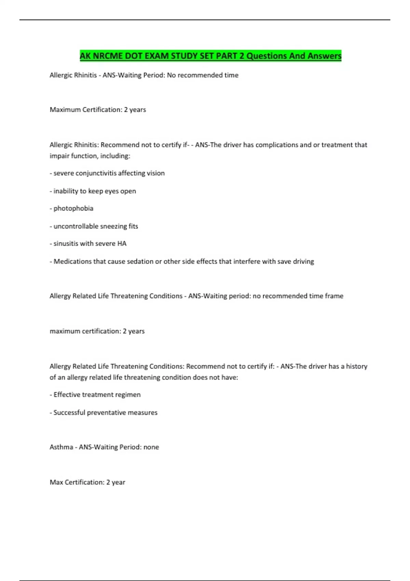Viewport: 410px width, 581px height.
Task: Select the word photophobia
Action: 73,208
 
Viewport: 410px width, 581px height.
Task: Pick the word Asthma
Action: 61,447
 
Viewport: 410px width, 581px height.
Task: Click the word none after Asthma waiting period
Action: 151,447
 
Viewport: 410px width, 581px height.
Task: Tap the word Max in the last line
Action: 56,482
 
